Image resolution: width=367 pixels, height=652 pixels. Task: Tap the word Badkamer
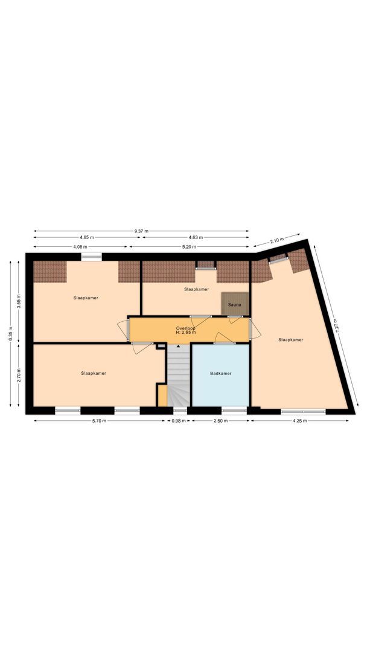(x=220, y=374)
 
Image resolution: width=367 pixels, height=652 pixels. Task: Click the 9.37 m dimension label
(x=141, y=231)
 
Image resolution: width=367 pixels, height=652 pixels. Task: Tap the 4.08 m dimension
(x=80, y=247)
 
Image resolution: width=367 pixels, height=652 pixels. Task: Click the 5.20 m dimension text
(x=189, y=247)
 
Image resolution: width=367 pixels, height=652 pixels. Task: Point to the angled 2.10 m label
(x=276, y=240)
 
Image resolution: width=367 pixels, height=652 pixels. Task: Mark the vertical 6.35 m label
(x=10, y=334)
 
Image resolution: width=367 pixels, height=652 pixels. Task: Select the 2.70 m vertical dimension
(x=19, y=376)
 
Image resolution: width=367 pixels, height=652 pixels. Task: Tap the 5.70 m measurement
(x=100, y=421)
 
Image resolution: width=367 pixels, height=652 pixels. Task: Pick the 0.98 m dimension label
(x=177, y=421)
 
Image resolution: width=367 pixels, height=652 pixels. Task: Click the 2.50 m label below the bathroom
(x=220, y=421)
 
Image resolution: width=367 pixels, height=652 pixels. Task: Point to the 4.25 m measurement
(x=300, y=421)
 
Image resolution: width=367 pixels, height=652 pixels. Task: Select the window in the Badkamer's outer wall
(x=234, y=410)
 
